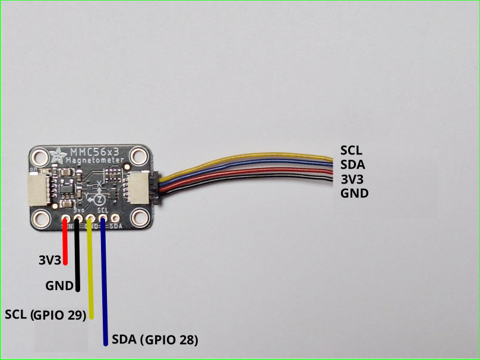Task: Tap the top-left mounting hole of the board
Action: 40,157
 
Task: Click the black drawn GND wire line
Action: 77,255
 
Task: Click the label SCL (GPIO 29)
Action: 45,314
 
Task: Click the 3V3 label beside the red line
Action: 49,260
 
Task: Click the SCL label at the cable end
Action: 351,150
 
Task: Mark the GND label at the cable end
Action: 354,193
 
